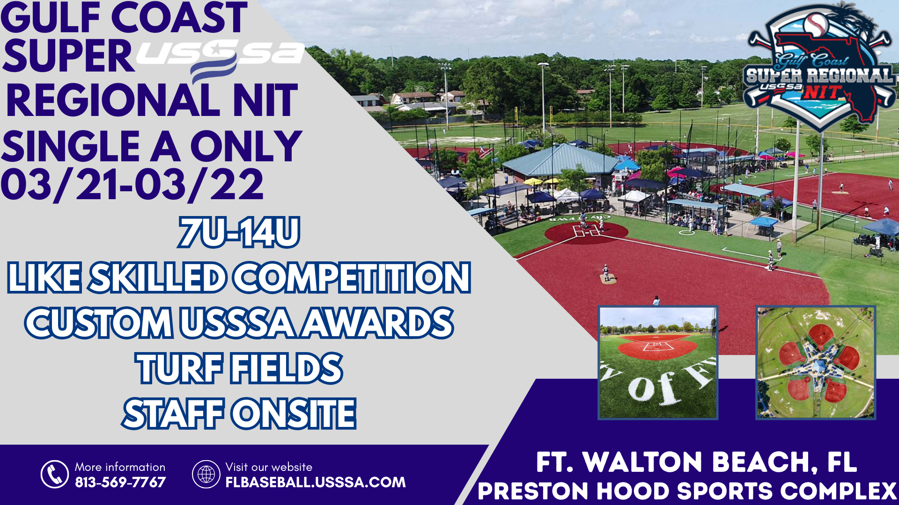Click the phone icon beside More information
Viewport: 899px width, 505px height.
pyautogui.click(x=55, y=474)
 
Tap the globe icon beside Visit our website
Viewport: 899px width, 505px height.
pyautogui.click(x=206, y=474)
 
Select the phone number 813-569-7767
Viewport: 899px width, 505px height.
pyautogui.click(x=120, y=482)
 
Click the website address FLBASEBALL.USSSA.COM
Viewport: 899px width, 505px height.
pyautogui.click(x=316, y=482)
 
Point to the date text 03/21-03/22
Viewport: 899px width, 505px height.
pyautogui.click(x=133, y=185)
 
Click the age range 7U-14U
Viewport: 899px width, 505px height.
pyautogui.click(x=239, y=232)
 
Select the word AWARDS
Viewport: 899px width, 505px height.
pyautogui.click(x=377, y=323)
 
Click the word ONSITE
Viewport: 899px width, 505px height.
pyautogui.click(x=295, y=414)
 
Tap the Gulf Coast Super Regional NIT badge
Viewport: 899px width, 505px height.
pyautogui.click(x=819, y=68)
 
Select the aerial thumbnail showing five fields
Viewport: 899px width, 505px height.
pyautogui.click(x=816, y=362)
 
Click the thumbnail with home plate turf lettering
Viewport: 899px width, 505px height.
pyautogui.click(x=658, y=362)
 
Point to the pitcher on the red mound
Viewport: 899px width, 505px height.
pyautogui.click(x=606, y=273)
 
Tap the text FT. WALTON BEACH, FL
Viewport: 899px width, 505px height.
pyautogui.click(x=696, y=462)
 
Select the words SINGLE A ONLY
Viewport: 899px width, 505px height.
pyautogui.click(x=152, y=146)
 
